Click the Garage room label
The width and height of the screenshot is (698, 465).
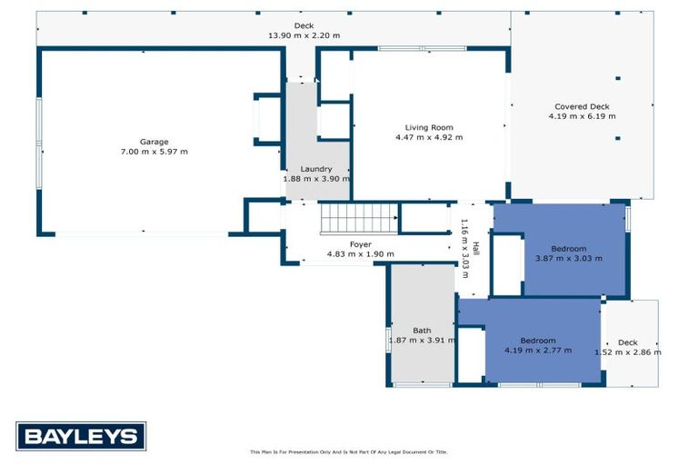click(154, 142)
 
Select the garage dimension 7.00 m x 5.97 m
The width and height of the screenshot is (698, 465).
click(154, 152)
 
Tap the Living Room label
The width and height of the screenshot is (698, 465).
click(429, 127)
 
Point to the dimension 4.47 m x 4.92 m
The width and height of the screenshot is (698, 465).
click(429, 137)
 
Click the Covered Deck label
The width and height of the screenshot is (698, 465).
click(582, 106)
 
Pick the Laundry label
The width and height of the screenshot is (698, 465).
click(316, 169)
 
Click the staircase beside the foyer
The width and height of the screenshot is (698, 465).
click(358, 219)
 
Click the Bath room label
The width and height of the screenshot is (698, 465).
click(422, 331)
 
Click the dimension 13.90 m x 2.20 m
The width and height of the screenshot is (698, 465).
click(304, 35)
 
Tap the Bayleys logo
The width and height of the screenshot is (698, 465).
click(81, 436)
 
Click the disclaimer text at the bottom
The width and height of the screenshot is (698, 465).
click(349, 451)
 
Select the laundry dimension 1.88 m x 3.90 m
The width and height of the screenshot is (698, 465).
click(316, 179)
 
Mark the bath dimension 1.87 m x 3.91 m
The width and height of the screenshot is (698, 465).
click(422, 341)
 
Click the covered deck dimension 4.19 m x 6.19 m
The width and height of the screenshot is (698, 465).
click(582, 116)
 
